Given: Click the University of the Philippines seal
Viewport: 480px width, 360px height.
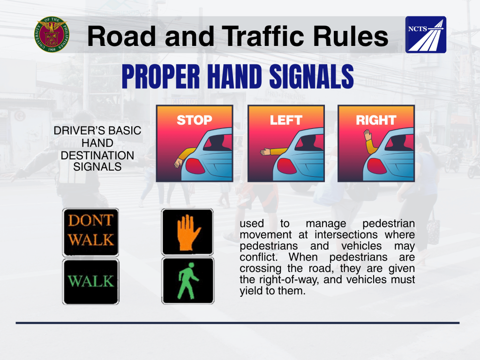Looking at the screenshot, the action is pyautogui.click(x=52, y=34).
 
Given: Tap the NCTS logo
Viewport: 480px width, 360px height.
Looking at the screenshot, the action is pyautogui.click(x=426, y=35).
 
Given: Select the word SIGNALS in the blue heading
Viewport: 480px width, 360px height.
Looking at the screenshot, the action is pyautogui.click(x=311, y=76).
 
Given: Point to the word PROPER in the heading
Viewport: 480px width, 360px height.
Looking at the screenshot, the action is pyautogui.click(x=161, y=76).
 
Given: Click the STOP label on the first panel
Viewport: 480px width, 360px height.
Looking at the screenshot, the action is pyautogui.click(x=195, y=120).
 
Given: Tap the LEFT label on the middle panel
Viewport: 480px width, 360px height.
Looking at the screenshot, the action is pyautogui.click(x=286, y=120).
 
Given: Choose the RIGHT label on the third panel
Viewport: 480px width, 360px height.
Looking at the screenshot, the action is pyautogui.click(x=376, y=120).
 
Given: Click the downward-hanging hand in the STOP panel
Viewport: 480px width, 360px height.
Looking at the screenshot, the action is pyautogui.click(x=178, y=163).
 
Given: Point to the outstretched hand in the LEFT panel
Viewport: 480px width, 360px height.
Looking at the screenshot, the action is pyautogui.click(x=265, y=151).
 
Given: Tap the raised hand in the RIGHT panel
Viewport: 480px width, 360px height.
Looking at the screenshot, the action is pyautogui.click(x=367, y=135).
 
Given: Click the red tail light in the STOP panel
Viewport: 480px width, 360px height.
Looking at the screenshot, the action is pyautogui.click(x=195, y=166).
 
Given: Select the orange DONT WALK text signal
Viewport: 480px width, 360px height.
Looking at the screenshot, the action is pyautogui.click(x=90, y=232).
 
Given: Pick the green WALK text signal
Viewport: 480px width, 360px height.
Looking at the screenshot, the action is pyautogui.click(x=90, y=282).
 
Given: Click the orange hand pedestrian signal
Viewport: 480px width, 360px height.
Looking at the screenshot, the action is pyautogui.click(x=187, y=232).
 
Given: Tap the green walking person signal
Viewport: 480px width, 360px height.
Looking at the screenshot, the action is pyautogui.click(x=187, y=281).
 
